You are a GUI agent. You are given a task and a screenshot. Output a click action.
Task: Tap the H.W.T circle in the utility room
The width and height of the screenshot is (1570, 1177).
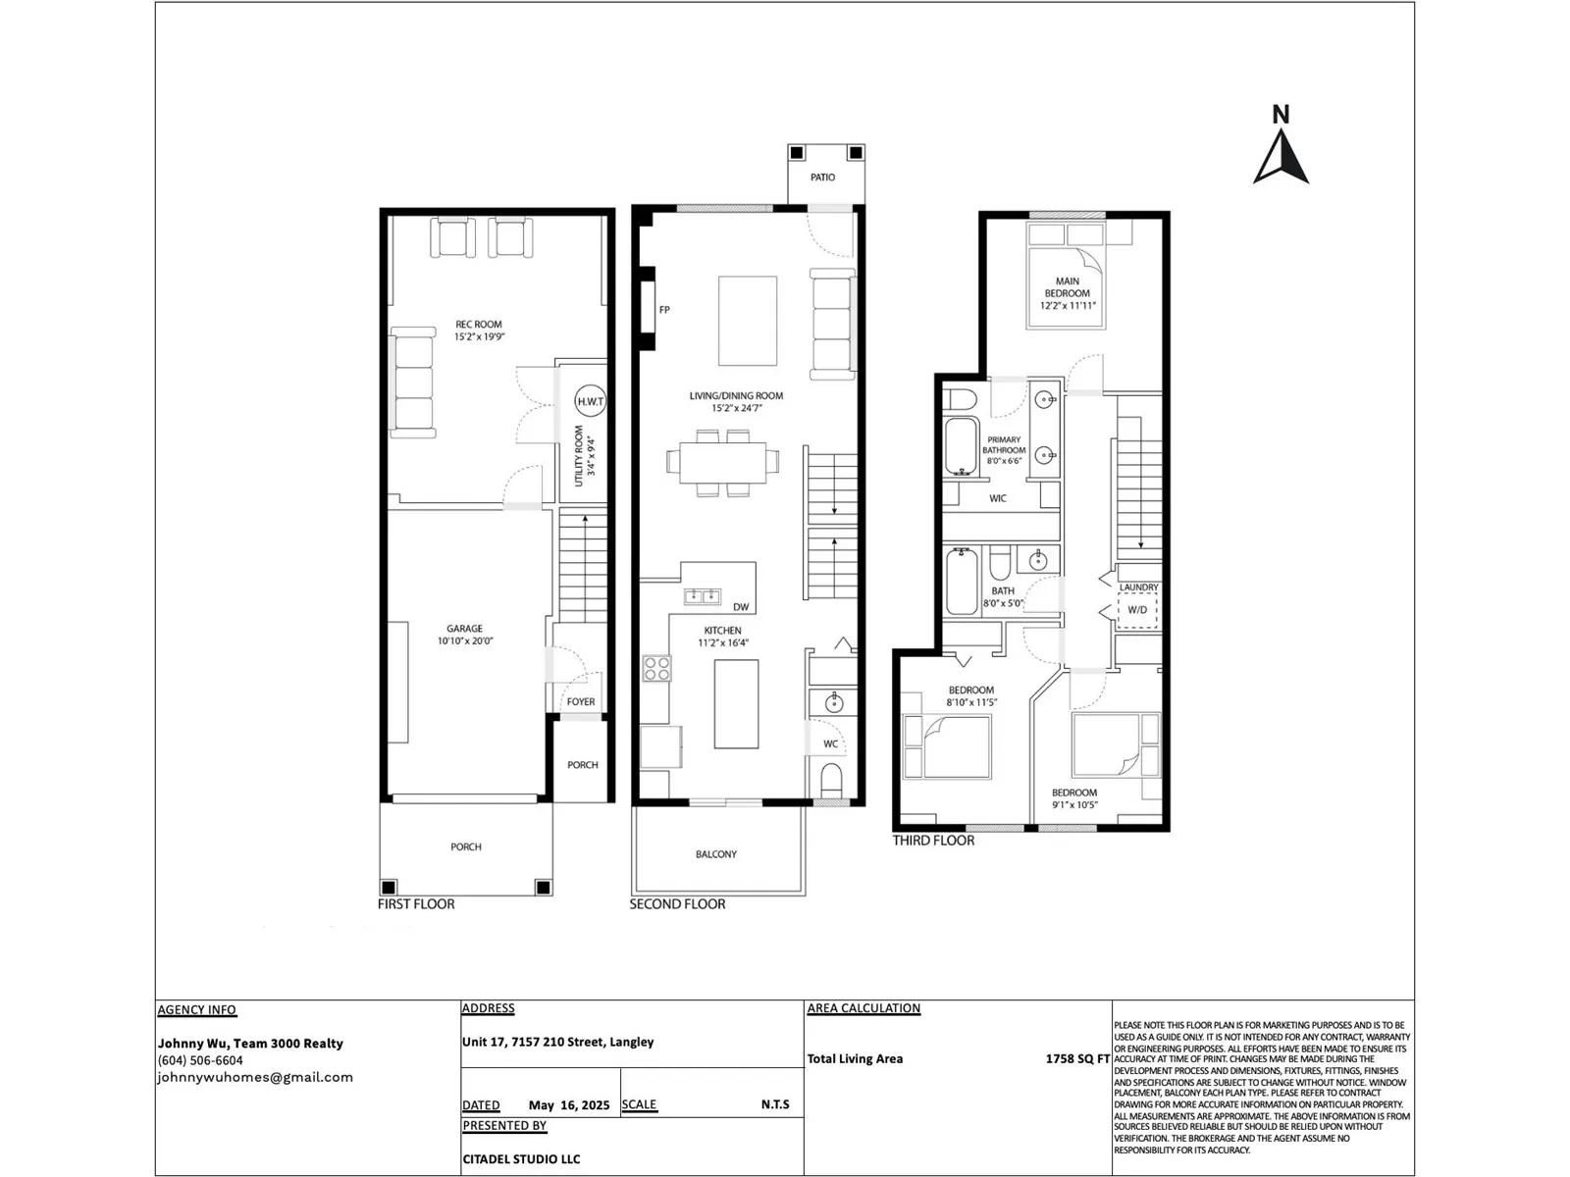click(590, 401)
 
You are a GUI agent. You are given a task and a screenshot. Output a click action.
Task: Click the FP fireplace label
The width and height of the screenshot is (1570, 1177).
click(664, 309)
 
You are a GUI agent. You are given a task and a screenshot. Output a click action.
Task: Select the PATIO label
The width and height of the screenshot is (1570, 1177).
click(822, 178)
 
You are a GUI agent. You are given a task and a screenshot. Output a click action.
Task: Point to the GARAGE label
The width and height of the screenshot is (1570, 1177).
click(464, 628)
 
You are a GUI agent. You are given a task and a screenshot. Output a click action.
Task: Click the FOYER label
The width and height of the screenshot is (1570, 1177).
click(581, 701)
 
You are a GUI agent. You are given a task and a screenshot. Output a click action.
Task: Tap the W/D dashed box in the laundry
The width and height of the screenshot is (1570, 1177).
click(1137, 609)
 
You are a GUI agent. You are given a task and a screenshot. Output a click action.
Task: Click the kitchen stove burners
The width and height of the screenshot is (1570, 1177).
click(656, 668)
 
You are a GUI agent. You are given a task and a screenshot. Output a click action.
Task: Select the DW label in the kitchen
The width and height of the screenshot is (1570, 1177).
click(741, 607)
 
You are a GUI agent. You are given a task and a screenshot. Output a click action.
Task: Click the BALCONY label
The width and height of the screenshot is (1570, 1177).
click(716, 854)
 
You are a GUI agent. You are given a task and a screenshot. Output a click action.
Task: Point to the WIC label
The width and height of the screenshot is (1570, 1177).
click(998, 498)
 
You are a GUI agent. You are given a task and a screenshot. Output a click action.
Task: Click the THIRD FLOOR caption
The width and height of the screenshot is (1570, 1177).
click(933, 841)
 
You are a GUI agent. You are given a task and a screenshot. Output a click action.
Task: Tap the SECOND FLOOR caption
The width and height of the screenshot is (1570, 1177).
click(677, 904)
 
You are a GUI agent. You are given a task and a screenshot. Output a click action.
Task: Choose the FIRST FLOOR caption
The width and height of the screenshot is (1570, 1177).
click(416, 904)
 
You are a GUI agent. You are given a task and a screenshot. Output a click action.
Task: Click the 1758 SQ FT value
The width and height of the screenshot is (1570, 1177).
click(1077, 1058)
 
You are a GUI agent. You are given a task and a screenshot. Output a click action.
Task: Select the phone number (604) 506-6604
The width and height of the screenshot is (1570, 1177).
click(200, 1060)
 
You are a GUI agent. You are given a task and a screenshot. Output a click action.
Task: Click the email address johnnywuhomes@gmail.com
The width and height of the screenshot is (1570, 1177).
click(255, 1077)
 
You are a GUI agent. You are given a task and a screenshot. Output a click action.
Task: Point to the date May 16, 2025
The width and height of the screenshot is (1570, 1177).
click(569, 1104)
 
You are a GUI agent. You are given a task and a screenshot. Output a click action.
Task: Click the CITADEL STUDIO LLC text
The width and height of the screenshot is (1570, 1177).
click(521, 1159)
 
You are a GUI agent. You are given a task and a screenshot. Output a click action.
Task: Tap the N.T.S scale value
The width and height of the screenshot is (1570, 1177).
click(775, 1104)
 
